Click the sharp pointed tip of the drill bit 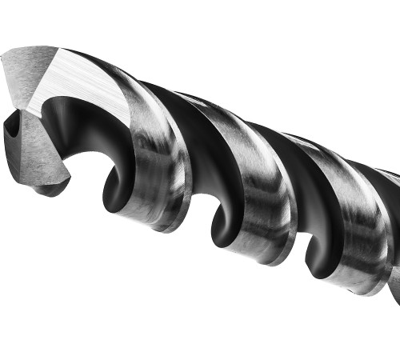3,58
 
